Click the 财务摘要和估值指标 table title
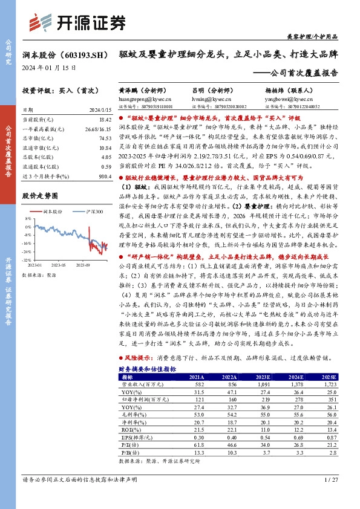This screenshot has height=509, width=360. click(x=147, y=368)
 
